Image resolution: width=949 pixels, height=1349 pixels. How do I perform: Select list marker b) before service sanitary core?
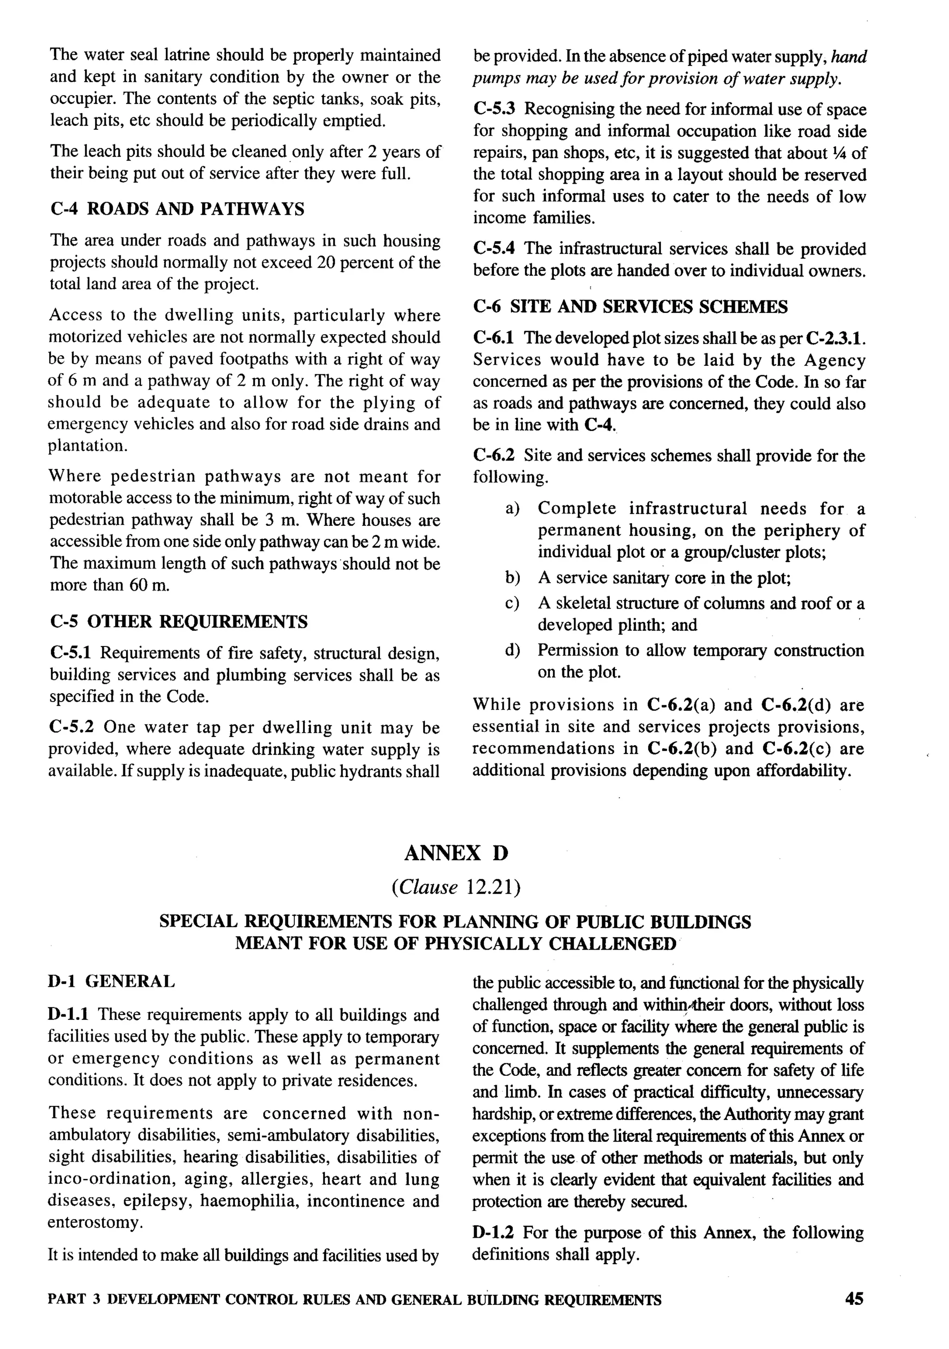(512, 578)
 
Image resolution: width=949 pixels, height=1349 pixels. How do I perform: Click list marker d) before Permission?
(512, 651)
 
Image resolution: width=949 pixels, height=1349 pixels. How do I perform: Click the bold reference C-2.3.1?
(835, 339)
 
